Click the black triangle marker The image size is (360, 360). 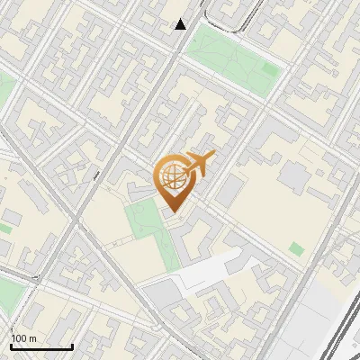[x=181, y=24]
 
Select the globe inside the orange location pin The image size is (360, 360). [x=171, y=177]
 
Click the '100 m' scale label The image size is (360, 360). [x=23, y=338]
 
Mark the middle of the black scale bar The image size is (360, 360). [x=41, y=346]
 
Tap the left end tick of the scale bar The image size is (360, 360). [x=11, y=346]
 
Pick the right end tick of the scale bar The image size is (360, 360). [x=72, y=346]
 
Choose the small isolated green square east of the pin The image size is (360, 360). [x=296, y=248]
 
